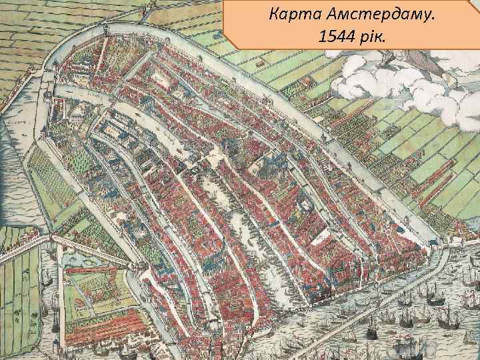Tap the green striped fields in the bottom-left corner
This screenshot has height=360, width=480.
[x=20, y=293]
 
